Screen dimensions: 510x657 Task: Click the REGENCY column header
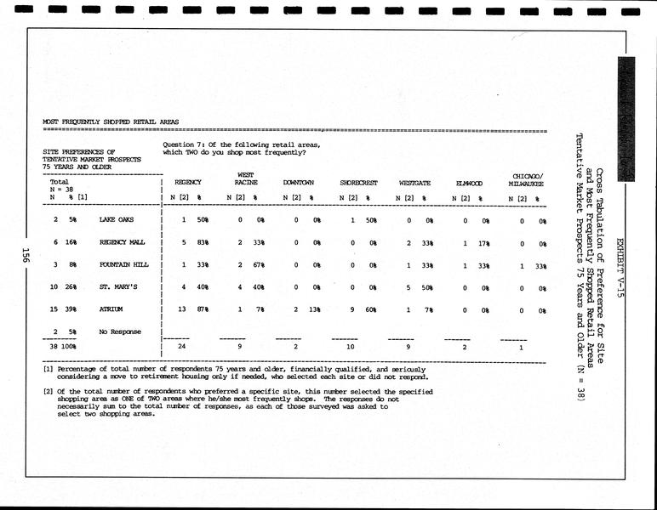click(187, 183)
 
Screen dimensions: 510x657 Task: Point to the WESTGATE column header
click(414, 183)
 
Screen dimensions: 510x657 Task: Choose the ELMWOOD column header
click(469, 183)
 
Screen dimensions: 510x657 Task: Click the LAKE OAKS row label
click(117, 220)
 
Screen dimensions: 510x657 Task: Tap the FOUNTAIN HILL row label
click(124, 264)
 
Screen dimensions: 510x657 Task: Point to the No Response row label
click(120, 331)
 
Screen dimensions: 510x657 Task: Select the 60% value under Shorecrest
click(372, 309)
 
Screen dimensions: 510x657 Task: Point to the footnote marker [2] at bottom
click(49, 392)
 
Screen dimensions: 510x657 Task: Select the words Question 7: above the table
click(185, 145)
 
